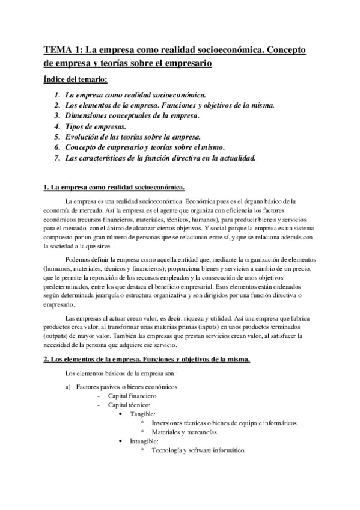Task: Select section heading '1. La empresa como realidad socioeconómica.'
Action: coord(115,188)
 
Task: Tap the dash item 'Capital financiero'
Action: coord(132,396)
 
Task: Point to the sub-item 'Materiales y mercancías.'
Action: coord(185,432)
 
